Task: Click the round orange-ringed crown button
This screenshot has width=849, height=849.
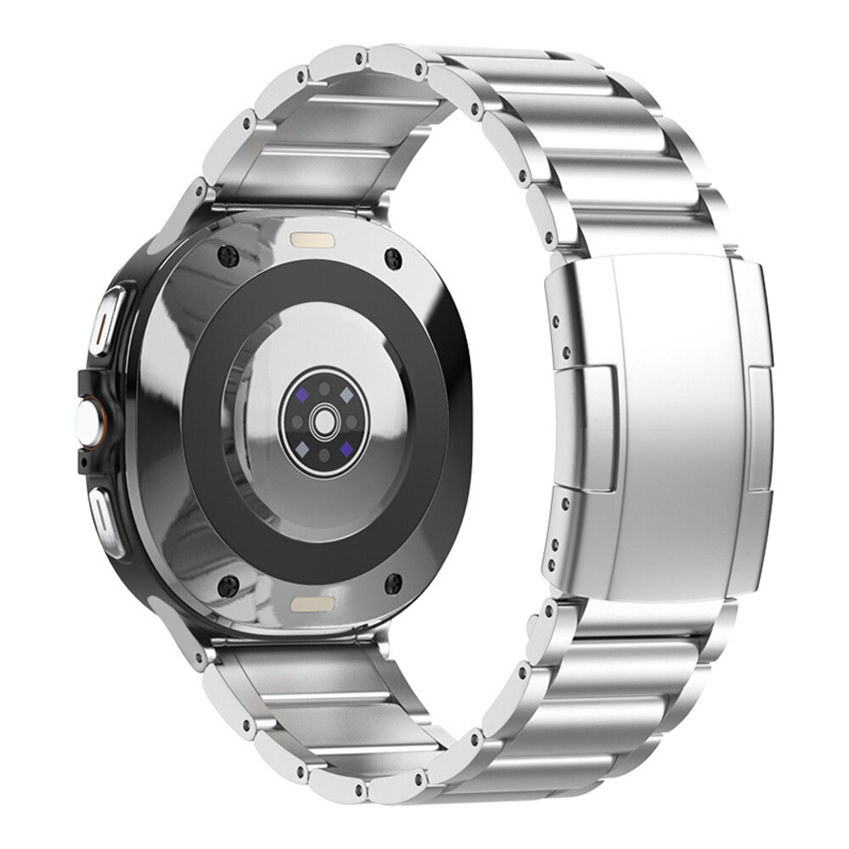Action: pos(87,420)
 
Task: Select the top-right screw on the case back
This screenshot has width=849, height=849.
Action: pos(391,257)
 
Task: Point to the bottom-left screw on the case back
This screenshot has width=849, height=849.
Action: pos(227,583)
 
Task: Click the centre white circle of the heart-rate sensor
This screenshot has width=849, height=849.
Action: pos(323,419)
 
